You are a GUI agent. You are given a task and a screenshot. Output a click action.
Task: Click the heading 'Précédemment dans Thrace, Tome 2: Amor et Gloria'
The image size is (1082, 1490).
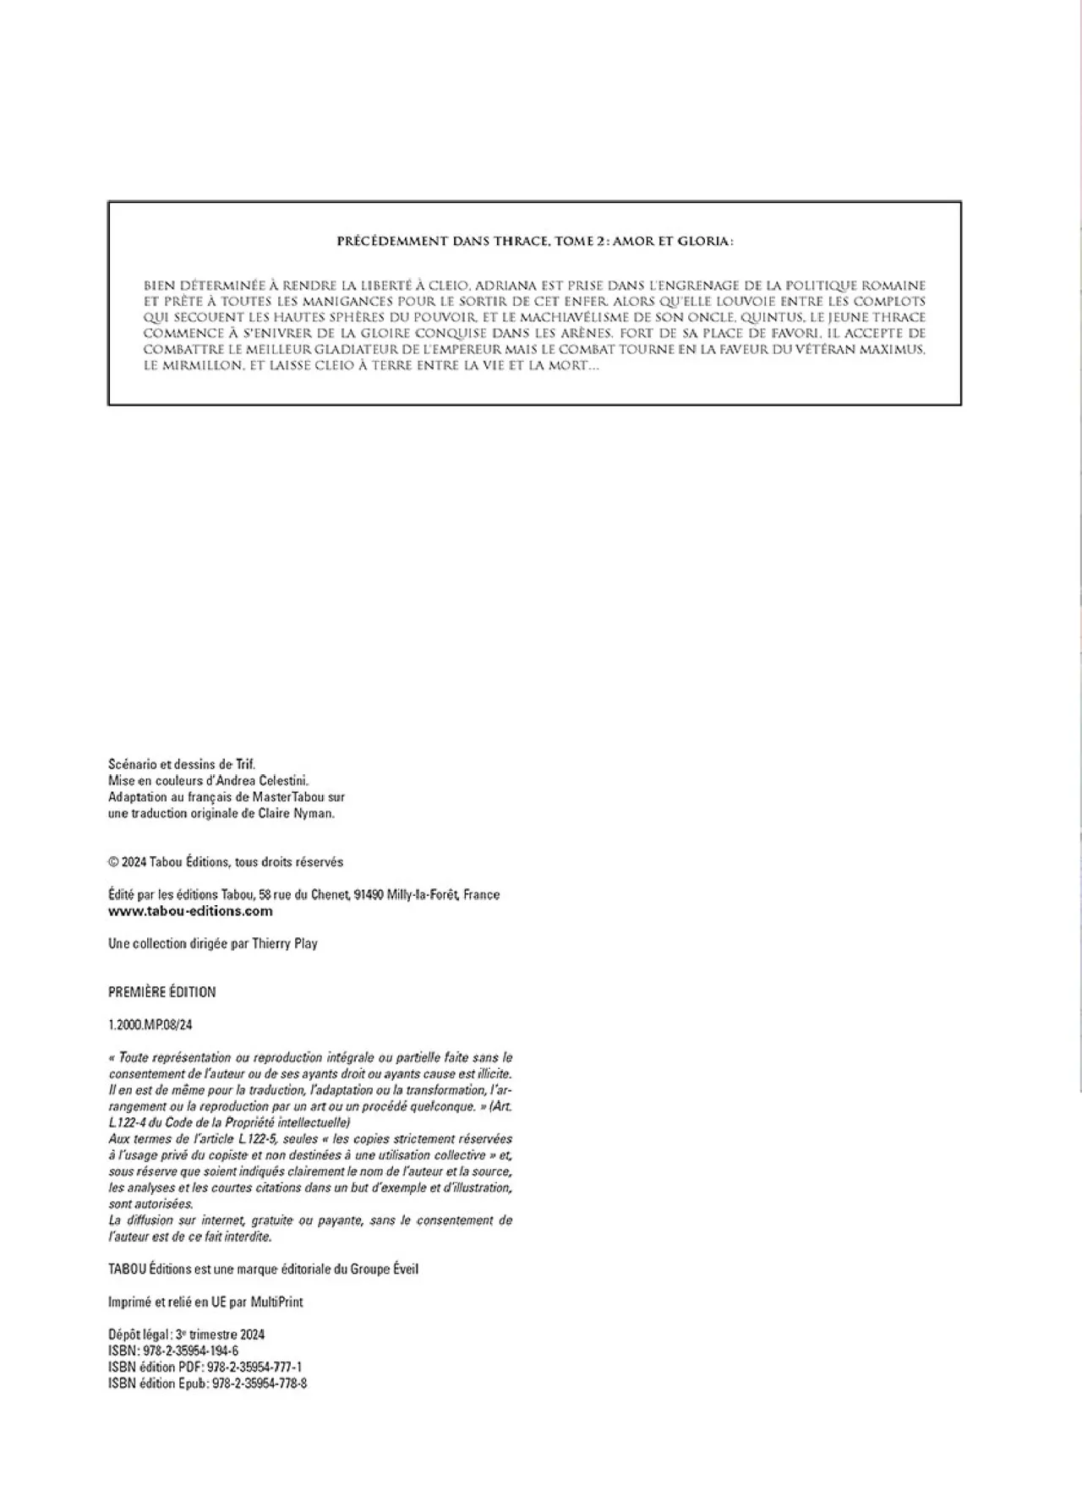[x=535, y=242]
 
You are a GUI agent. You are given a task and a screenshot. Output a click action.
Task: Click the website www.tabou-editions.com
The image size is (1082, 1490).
[x=190, y=911]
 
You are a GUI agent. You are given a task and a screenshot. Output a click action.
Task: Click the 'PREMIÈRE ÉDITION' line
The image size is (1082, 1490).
[x=162, y=992]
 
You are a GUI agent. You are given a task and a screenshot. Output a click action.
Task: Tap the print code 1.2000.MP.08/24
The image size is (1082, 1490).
[x=150, y=1025]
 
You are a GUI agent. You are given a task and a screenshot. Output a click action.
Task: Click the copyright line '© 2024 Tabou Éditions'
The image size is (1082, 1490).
[x=226, y=862]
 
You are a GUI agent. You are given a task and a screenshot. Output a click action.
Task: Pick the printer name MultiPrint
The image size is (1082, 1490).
[x=276, y=1302]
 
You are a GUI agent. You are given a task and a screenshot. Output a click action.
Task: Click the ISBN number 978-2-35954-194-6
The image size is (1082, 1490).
[x=191, y=1351]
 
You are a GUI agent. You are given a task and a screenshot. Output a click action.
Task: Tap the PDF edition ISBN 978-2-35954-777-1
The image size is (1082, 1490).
[x=252, y=1367]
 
